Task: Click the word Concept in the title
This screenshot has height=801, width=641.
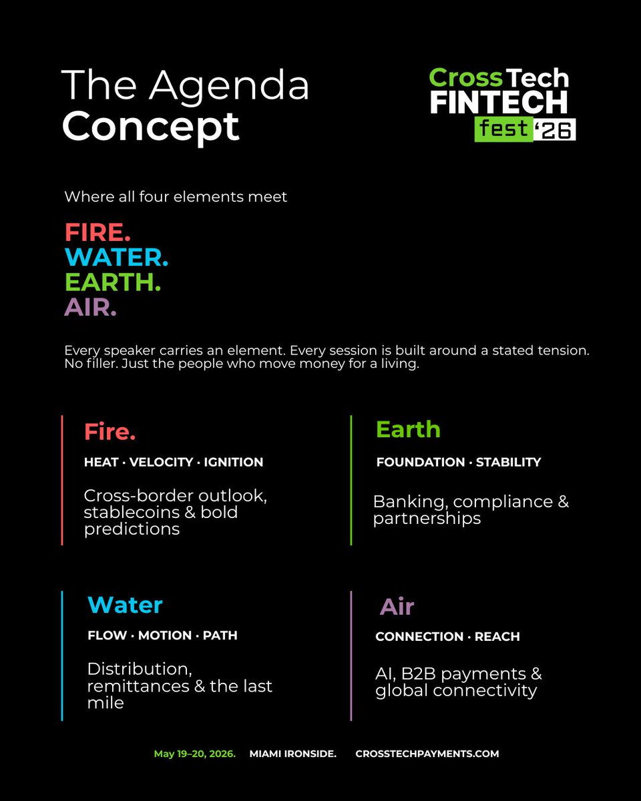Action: [150, 125]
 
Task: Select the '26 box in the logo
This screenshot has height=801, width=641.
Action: [555, 131]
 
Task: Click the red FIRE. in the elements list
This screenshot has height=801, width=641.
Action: [97, 233]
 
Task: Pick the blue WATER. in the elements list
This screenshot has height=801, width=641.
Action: [116, 258]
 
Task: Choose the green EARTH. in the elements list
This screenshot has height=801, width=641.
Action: [113, 282]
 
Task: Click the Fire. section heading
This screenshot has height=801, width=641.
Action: [110, 432]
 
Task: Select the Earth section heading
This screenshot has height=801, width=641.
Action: [408, 429]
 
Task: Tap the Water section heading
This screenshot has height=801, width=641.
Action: [125, 605]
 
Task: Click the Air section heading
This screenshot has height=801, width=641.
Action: [397, 607]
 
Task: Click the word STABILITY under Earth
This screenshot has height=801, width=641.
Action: [508, 462]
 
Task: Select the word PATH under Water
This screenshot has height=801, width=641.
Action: [220, 635]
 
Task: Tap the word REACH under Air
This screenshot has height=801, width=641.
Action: [497, 637]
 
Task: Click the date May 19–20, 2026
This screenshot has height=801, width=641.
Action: [194, 754]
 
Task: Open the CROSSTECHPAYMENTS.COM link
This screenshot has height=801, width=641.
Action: [427, 754]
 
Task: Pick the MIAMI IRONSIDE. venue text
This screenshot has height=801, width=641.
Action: [292, 754]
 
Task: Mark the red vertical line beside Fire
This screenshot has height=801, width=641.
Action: [62, 480]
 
